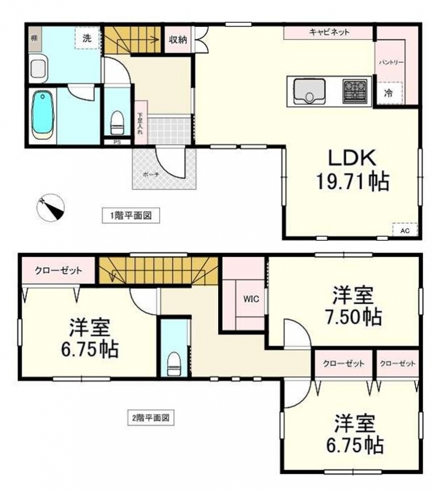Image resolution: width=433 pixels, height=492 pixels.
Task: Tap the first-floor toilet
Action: [117, 122]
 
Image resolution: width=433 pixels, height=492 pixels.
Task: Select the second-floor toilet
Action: [174, 363]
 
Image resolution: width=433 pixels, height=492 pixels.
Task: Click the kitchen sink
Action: [309, 91]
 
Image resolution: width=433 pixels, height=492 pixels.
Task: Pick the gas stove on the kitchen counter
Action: [355, 91]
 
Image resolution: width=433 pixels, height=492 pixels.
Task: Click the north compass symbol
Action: [50, 207]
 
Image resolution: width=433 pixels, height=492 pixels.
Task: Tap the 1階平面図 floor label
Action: [130, 216]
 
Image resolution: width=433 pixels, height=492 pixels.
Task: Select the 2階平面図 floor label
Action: [150, 418]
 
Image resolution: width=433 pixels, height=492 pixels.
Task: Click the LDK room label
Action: [352, 158]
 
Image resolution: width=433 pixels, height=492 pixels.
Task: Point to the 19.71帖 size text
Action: [352, 182]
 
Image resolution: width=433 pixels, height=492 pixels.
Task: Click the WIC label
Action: [251, 299]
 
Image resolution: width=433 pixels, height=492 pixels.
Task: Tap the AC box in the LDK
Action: [405, 230]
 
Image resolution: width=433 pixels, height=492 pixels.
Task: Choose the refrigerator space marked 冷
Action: [389, 93]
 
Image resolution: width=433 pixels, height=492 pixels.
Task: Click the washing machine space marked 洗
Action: [87, 38]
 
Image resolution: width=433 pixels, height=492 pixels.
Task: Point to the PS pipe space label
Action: [117, 142]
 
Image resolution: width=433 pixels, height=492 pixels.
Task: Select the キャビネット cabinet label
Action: [329, 32]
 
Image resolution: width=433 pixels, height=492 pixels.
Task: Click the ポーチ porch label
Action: [151, 175]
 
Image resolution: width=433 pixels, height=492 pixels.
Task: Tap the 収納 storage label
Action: [178, 40]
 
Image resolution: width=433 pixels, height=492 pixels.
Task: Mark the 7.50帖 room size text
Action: [352, 317]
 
